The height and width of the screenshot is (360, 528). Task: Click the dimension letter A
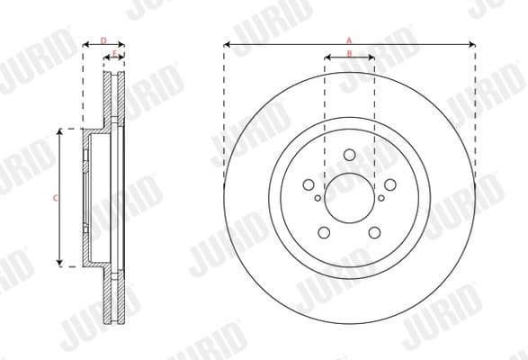point(349,40)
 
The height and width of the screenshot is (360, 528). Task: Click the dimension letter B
point(349,54)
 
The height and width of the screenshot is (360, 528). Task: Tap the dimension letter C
point(56,197)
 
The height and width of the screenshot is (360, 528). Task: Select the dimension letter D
point(103,40)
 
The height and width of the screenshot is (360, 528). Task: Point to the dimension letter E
point(113,54)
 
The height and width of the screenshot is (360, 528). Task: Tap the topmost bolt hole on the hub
point(349,155)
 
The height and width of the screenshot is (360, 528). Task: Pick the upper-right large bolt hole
point(388,185)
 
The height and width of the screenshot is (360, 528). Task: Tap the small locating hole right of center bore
point(380,198)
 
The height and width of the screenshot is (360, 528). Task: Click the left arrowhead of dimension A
point(228,44)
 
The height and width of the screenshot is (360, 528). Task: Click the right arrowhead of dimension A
point(470,44)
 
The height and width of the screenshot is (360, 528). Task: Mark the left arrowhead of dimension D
point(85,44)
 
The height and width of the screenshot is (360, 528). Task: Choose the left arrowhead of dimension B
point(327,58)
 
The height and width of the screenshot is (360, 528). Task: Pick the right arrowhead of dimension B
point(371,58)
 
